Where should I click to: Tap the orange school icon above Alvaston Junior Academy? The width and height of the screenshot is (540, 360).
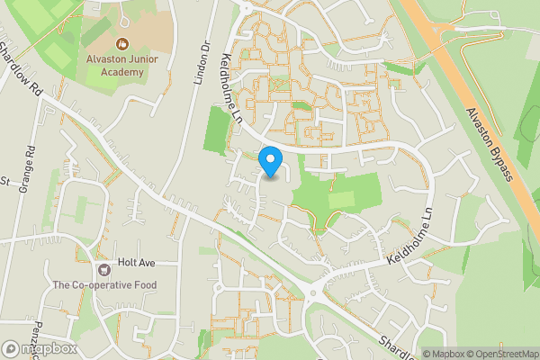(x=121, y=42)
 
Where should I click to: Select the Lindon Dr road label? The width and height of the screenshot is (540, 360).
(x=201, y=63)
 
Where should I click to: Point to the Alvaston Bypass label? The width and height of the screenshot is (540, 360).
(x=489, y=144)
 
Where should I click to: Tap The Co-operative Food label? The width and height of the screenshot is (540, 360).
(x=104, y=285)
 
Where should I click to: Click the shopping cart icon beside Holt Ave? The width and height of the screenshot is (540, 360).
(x=104, y=268)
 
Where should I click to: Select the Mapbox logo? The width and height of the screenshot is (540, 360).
(x=38, y=348)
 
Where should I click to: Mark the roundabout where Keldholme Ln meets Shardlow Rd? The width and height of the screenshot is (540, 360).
(x=318, y=291)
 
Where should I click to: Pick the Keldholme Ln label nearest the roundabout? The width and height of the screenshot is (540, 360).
(x=411, y=242)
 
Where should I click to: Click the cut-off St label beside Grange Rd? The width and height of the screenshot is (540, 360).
(x=4, y=181)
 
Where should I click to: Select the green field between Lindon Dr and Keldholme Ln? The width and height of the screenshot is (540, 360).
(x=215, y=130)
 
